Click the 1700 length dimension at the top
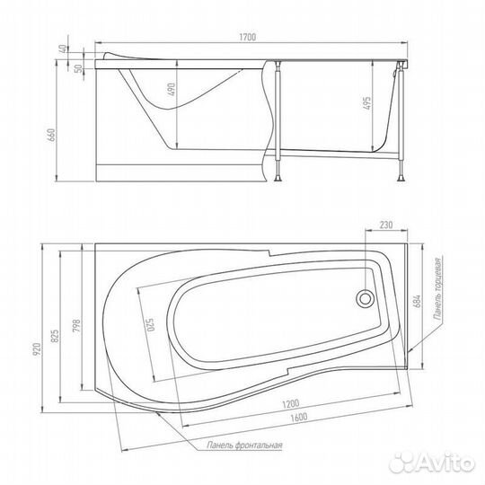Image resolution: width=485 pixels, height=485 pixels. (x=248, y=37)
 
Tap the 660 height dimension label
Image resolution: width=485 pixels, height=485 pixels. (x=51, y=135)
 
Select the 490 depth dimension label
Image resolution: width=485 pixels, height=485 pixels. (x=172, y=89)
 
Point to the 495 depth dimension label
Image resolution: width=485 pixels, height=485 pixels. (x=366, y=103)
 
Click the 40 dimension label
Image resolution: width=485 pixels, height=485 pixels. (x=63, y=48)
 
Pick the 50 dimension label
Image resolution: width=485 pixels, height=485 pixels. (x=80, y=68)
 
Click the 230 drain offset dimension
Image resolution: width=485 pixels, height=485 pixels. (x=386, y=225)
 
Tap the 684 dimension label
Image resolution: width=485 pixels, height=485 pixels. (x=417, y=301)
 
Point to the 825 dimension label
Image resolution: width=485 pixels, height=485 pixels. (x=55, y=336)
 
